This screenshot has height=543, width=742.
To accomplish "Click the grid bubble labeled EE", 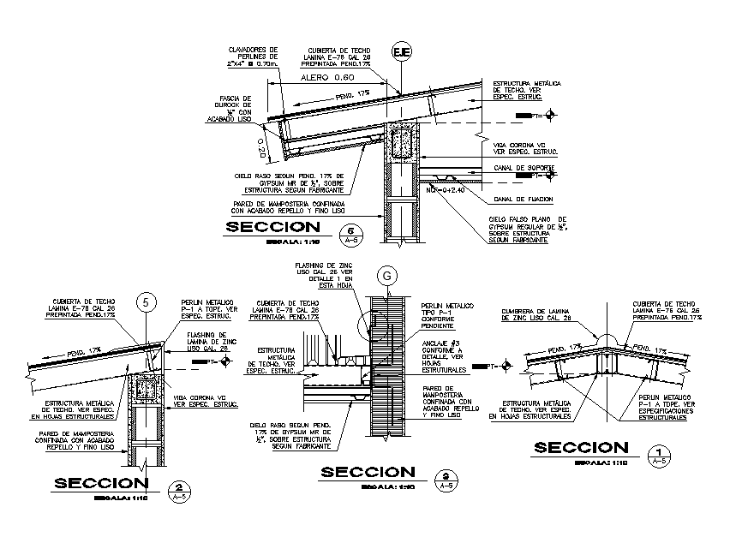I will (x=402, y=53).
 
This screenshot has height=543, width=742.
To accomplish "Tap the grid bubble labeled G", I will (x=387, y=276).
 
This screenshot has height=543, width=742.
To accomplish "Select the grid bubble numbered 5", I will (x=147, y=301).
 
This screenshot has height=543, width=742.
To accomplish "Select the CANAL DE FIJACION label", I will (x=523, y=199).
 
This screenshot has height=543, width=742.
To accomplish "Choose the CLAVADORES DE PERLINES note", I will (x=249, y=57).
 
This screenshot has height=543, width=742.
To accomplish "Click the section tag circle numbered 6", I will (x=350, y=232).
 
